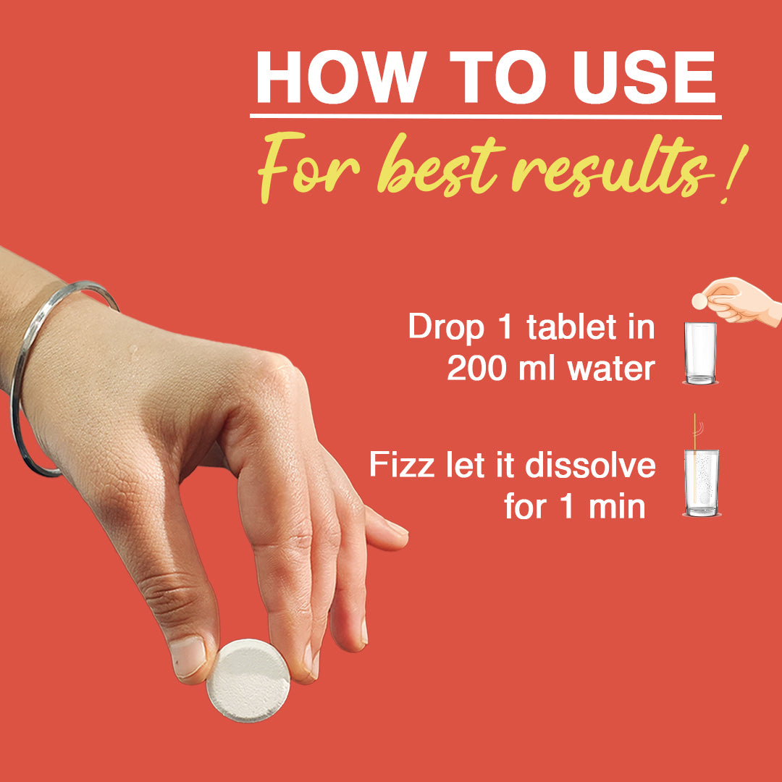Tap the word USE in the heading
(645, 77)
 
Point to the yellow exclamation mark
(735, 174)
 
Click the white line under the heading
(486, 117)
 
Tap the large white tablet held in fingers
(248, 680)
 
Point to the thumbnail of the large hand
(188, 657)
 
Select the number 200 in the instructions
(476, 369)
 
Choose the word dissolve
(590, 465)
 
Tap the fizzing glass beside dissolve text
(702, 483)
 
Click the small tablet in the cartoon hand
(699, 300)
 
